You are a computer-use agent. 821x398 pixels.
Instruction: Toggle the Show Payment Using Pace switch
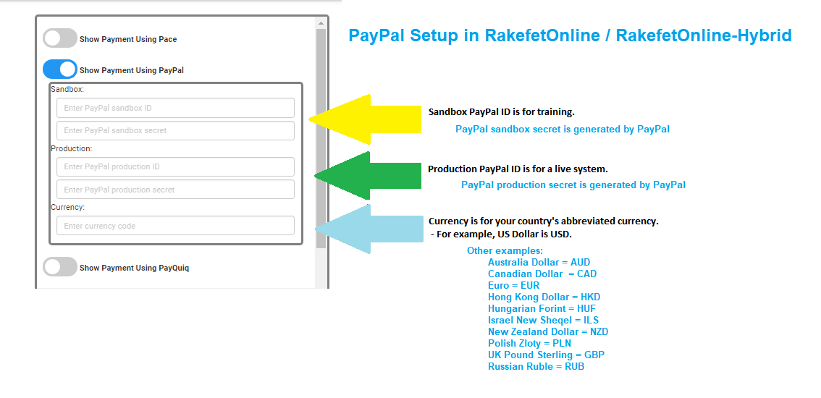pos(60,38)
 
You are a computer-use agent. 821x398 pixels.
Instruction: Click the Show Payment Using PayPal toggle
pos(60,69)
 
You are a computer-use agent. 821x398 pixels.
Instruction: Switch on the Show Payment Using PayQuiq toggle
pos(60,267)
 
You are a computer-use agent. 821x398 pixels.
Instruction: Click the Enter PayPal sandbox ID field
pos(175,108)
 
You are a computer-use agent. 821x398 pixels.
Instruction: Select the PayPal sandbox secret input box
pos(175,130)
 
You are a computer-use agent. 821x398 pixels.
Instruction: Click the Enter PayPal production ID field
pos(175,166)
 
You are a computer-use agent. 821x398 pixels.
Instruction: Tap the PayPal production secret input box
pos(175,190)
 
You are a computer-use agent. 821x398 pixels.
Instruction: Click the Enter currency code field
pos(175,226)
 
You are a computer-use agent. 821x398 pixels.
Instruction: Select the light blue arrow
pos(369,229)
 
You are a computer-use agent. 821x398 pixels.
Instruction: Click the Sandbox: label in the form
pos(67,90)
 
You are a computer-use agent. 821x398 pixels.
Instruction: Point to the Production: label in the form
pos(72,148)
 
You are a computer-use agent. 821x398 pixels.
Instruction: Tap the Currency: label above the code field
pos(68,207)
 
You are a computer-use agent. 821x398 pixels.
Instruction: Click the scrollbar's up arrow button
pos(321,24)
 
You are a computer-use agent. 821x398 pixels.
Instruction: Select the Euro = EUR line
pos(513,285)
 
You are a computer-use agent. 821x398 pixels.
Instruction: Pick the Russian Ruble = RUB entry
pos(536,366)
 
